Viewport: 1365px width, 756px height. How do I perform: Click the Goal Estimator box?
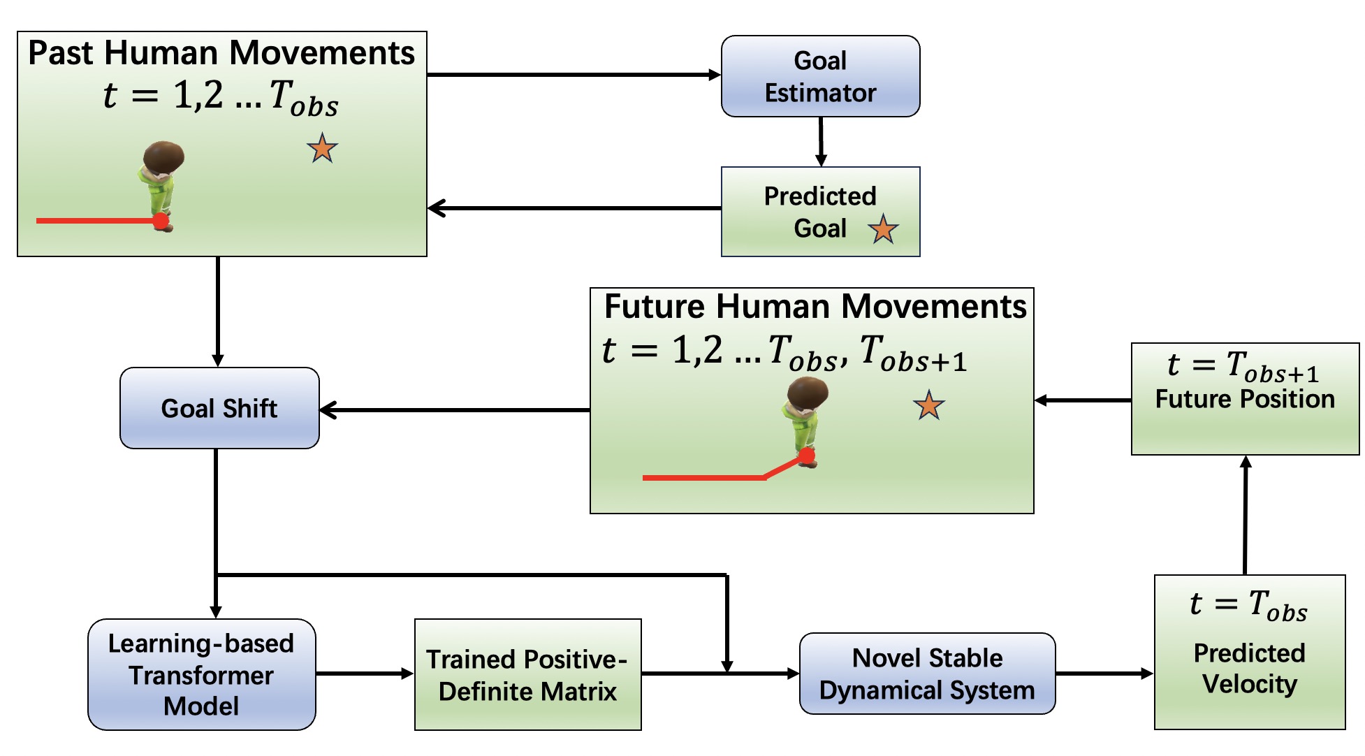click(820, 76)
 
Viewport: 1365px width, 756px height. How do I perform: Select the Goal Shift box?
click(219, 408)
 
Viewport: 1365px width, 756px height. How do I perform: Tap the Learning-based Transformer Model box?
click(201, 674)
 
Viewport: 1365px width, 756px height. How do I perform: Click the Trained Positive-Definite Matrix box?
click(527, 674)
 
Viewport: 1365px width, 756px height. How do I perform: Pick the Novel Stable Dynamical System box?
click(927, 674)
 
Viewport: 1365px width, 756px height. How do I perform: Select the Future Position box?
click(1245, 399)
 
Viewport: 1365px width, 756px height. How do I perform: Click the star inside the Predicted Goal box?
click(883, 229)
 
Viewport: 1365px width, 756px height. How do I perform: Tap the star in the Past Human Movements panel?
click(322, 148)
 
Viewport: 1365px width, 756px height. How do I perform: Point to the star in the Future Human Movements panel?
click(928, 405)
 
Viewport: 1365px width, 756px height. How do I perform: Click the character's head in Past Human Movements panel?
click(165, 157)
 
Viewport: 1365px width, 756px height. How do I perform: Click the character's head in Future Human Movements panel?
click(808, 392)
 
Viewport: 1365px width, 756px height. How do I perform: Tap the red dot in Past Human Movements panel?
click(161, 221)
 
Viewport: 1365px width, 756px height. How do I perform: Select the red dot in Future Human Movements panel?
click(807, 456)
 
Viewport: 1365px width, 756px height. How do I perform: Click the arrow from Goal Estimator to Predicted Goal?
click(821, 142)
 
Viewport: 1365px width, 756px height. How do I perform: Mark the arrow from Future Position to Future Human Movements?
click(1083, 400)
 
